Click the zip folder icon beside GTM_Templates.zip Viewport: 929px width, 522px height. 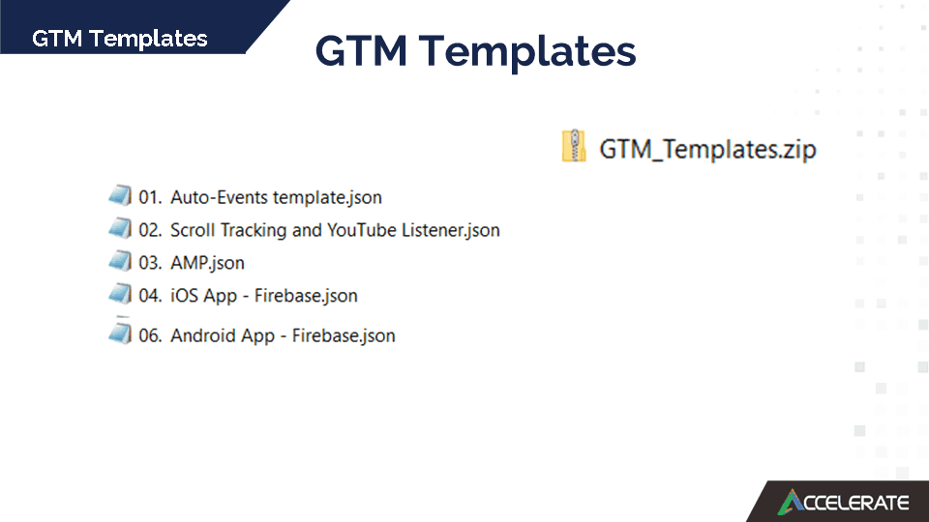pos(574,146)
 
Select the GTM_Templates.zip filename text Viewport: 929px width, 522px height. pos(707,149)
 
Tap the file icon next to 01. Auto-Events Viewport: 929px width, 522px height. pos(120,194)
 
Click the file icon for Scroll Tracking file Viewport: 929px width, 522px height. pos(120,228)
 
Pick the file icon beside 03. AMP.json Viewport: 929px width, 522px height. pos(120,260)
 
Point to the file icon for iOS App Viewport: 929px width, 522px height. pos(120,294)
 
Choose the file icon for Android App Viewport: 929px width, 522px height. pos(120,333)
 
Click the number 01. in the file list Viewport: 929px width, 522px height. pos(150,197)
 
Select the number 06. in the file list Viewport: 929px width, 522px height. pos(150,335)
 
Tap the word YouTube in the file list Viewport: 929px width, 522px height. pos(361,230)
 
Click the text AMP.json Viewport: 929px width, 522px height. pos(207,263)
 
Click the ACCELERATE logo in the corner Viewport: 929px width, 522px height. pos(843,502)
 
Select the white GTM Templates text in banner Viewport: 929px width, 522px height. pos(120,39)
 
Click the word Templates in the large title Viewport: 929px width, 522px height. pos(527,52)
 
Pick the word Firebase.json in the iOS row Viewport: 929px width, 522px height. pos(306,296)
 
